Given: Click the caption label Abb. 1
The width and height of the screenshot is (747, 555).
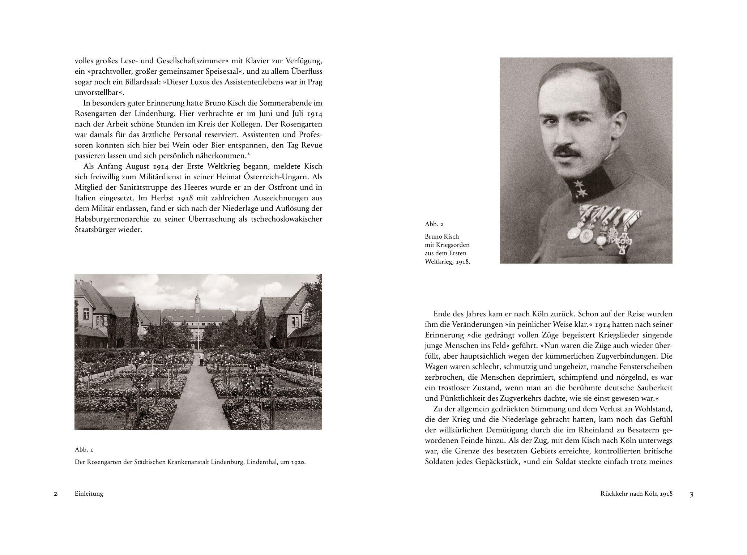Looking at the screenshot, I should point(84,450).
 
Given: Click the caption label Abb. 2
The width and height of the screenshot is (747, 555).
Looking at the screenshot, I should point(434,224).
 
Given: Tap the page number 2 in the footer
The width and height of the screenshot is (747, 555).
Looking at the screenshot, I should point(55,494).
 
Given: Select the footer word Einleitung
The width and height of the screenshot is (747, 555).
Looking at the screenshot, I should point(89,494).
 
